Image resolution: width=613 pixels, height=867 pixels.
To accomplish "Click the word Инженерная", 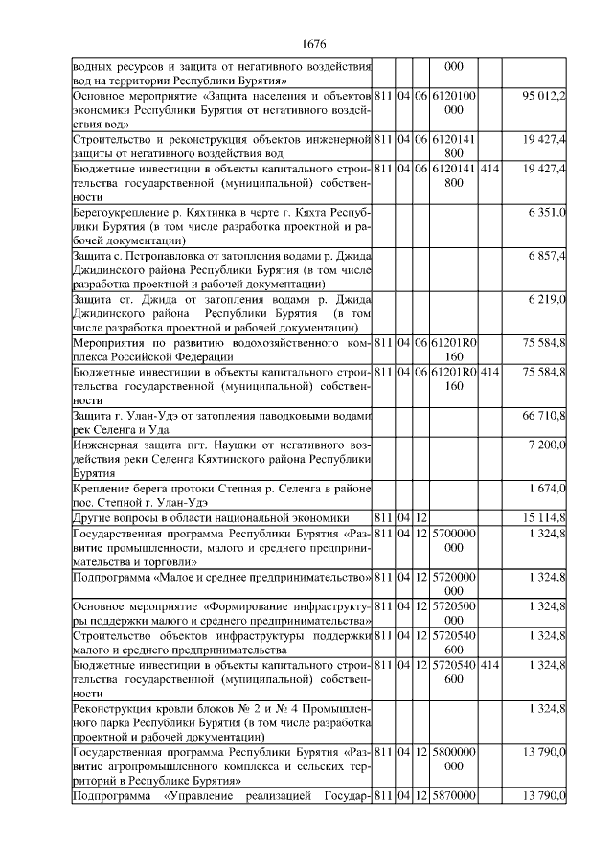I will tap(106, 445).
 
